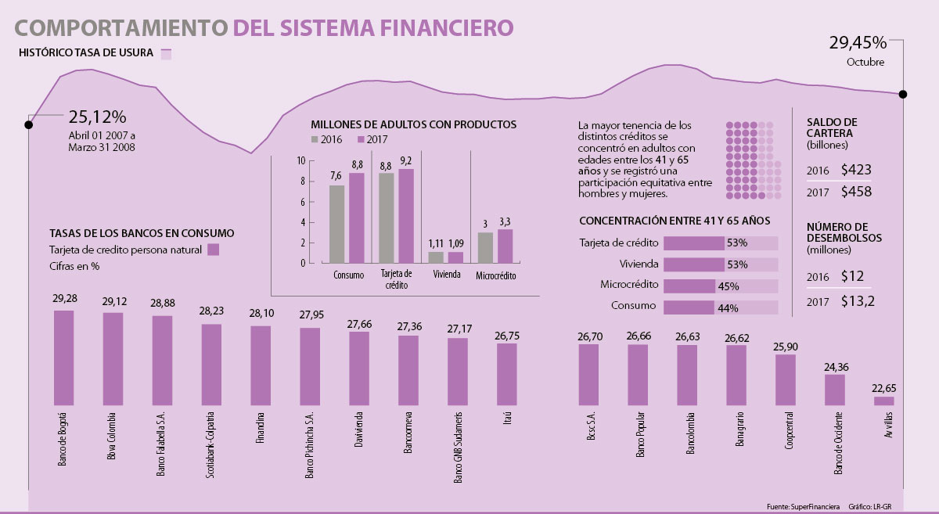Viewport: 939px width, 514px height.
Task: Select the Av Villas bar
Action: coord(883,401)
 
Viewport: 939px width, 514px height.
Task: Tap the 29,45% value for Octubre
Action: coord(857,43)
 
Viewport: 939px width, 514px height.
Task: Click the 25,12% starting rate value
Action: coord(97,117)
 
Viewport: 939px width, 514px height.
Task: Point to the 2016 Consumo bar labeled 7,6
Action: coord(336,224)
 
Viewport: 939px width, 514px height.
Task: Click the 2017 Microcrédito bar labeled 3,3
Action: coord(505,246)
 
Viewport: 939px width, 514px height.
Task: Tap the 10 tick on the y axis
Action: coord(301,160)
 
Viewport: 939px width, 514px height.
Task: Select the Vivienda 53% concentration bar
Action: coord(693,264)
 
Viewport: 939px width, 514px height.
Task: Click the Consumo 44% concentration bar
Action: coord(689,307)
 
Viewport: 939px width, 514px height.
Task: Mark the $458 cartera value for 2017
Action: coord(856,192)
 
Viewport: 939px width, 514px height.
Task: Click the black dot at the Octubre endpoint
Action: coord(903,95)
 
